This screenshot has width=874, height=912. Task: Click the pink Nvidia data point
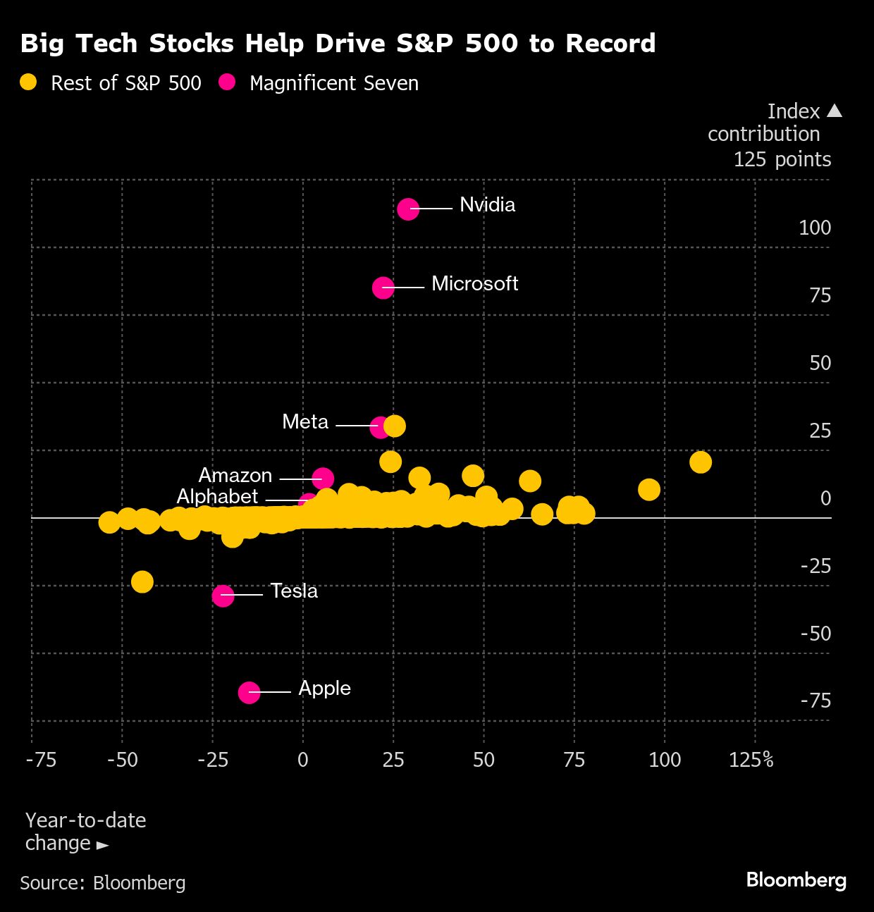pos(408,209)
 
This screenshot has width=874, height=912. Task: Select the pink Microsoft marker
pos(383,288)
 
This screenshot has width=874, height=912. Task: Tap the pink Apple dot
pos(249,693)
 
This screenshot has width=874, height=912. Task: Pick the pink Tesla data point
pos(223,596)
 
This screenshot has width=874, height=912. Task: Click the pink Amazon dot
pos(323,479)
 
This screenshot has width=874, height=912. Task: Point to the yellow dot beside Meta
pos(395,426)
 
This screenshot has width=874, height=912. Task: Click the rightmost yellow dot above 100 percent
pos(700,462)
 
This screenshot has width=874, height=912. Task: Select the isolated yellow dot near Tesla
pos(142,582)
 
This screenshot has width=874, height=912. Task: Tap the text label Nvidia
pos(487,205)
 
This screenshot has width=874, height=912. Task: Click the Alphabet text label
pos(217,497)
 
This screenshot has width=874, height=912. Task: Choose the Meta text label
pos(305,422)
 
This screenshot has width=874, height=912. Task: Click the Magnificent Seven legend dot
pos(227,82)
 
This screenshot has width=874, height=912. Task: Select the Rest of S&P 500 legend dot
pos(28,82)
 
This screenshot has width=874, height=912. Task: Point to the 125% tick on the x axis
pos(751,760)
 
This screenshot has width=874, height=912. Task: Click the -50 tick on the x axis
pos(122,760)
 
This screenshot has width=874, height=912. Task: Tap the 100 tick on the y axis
pos(814,228)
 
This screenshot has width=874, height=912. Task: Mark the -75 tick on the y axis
pos(815,701)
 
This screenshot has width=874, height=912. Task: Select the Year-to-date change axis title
pos(85,832)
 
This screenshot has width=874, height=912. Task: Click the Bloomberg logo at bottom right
pos(796,880)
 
